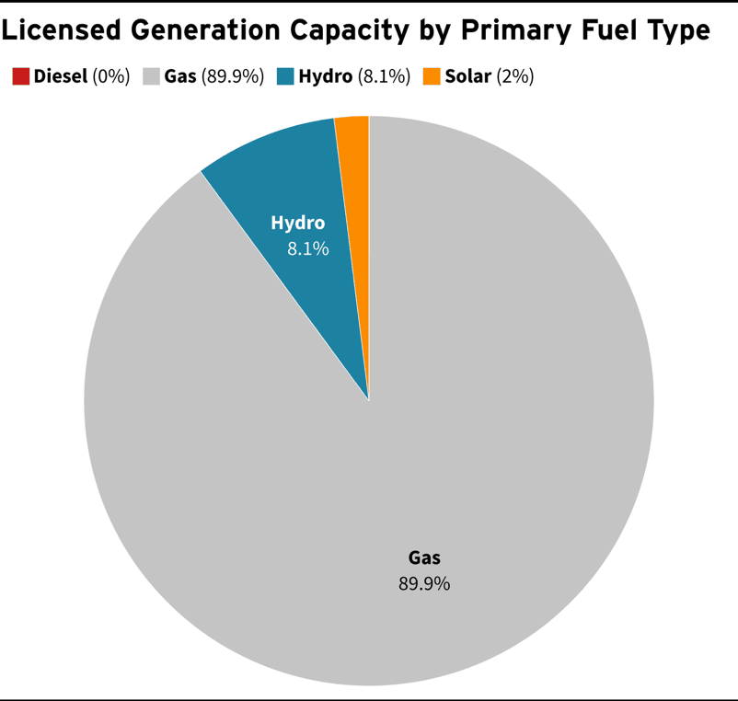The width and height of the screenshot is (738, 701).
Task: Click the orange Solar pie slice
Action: pos(355,184)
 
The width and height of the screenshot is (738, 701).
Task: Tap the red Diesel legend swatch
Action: pos(21,76)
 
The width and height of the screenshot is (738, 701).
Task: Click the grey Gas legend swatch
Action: pos(152,76)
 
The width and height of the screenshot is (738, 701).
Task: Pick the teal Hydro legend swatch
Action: pos(286,76)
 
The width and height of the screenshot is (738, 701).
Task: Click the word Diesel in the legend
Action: pos(61,76)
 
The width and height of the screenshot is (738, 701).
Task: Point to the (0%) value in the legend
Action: pos(111,76)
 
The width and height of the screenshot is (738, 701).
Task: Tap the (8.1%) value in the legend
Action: pos(384,76)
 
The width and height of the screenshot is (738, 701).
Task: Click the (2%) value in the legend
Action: pos(514,76)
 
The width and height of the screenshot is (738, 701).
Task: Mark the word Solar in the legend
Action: pos(467,76)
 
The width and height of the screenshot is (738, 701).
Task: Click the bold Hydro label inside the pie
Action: pos(297,223)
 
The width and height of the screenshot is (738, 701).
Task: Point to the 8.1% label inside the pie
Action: pos(307,248)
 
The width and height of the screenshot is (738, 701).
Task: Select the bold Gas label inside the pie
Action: pos(424,557)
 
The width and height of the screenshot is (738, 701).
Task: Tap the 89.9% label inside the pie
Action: pos(424,583)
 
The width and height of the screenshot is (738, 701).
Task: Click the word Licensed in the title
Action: pos(63,29)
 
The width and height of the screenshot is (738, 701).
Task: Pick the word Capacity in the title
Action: pos(343,29)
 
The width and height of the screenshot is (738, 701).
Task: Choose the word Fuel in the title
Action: pos(599,29)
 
